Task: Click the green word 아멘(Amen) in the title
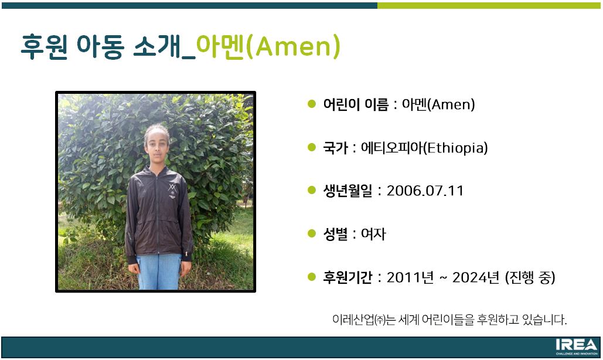click(x=268, y=46)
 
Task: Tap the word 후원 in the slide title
click(x=44, y=46)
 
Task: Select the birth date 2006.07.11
click(x=425, y=191)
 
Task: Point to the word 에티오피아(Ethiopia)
click(x=424, y=148)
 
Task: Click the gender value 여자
click(x=373, y=234)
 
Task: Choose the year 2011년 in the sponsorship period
click(x=410, y=277)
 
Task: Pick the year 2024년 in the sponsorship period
click(x=476, y=277)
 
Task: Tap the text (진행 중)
click(x=530, y=277)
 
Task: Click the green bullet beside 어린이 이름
click(x=312, y=104)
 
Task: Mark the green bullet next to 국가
click(x=312, y=147)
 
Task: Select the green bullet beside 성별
click(x=312, y=233)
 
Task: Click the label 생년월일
click(x=348, y=191)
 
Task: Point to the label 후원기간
click(x=348, y=277)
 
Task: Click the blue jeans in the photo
click(x=159, y=271)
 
